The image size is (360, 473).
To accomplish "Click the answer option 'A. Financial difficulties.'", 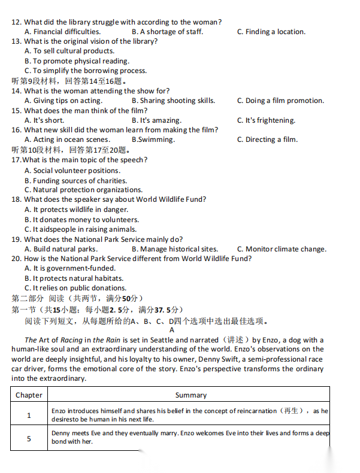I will pos(62,32).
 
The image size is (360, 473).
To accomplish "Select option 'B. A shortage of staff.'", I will pos(167,32).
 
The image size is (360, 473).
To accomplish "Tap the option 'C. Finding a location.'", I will pos(271,32).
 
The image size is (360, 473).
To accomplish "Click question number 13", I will pos(16,41).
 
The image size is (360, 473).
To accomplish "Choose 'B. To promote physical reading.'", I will pos(77,61).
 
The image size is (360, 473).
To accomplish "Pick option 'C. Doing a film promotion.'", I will pos(280,101).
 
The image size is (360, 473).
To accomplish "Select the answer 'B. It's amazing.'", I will pos(156,120).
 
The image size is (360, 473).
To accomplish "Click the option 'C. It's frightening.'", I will pos(266,120).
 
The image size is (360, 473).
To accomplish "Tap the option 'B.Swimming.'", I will pos(153,140).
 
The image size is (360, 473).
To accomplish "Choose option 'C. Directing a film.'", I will pos(267,140).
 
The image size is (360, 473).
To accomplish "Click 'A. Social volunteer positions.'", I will pos(72,171).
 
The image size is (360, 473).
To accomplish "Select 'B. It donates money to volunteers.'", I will pos(81,220).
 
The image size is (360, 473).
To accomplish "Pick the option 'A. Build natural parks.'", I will pos(61,249).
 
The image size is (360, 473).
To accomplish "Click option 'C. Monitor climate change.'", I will pos(282,249).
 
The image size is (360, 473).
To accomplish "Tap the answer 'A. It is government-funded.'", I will pos(70,269).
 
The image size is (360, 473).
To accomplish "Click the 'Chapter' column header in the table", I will pos(29,395).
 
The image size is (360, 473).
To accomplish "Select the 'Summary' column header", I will pos(190,395).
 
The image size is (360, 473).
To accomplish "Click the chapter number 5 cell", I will pos(29,438).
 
